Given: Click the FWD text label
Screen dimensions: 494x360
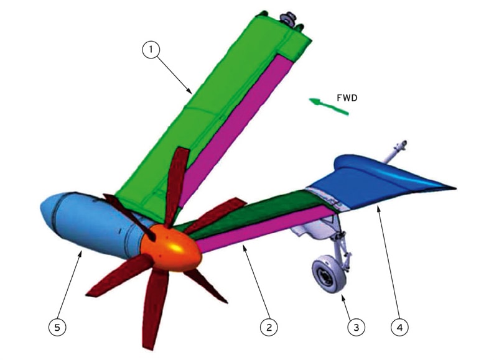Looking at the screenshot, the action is coord(347,98).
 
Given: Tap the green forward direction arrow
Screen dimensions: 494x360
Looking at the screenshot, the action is coord(330,106).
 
